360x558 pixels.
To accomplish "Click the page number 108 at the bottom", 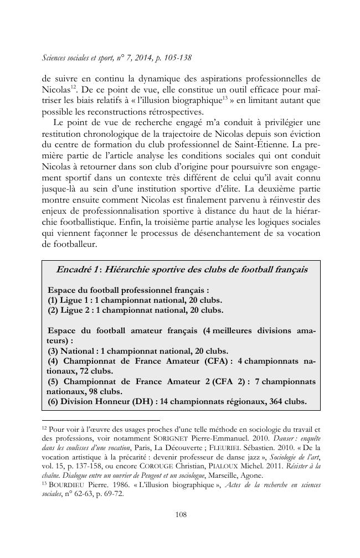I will pyautogui.click(x=181, y=514).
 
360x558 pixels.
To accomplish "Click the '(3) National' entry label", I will pyautogui.click(x=73, y=350).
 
